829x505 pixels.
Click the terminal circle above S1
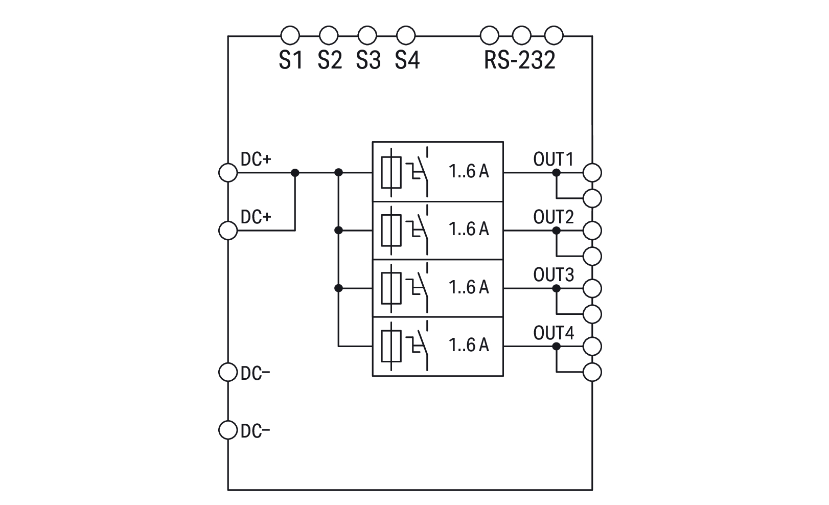290,36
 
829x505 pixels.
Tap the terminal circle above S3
367,36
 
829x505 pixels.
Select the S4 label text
407,60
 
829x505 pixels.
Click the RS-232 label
519,60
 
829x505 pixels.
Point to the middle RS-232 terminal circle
522,36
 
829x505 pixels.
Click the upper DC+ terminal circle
228,173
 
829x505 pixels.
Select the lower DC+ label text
256,217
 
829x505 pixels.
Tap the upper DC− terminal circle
228,372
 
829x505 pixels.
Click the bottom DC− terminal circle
228,429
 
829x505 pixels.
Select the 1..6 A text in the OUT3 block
469,287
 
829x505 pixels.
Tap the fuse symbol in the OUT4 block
391,345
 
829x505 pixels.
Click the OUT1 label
554,159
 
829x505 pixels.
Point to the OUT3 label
554,275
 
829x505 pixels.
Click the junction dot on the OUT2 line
557,231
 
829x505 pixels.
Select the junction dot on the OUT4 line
557,346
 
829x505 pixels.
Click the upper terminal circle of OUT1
592,173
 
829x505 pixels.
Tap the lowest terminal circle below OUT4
592,372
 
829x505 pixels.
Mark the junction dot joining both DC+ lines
295,173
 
